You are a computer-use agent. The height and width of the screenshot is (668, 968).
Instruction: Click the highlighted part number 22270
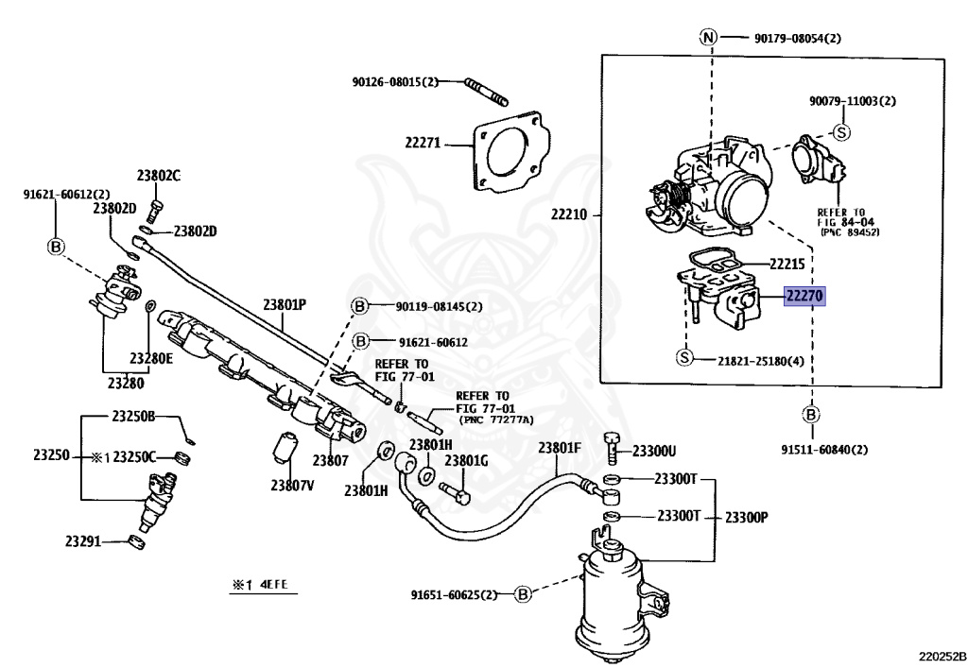click(x=804, y=296)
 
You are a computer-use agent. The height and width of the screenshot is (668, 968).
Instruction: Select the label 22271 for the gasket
click(x=423, y=144)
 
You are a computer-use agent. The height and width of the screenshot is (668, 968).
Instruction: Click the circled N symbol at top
click(x=708, y=38)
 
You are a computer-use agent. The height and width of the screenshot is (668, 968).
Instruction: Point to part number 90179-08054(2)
click(x=797, y=39)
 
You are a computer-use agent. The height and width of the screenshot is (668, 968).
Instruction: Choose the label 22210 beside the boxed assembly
click(x=568, y=214)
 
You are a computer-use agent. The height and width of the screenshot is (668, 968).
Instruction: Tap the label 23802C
click(x=158, y=175)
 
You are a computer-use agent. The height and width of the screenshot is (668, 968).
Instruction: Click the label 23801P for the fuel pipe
click(x=285, y=305)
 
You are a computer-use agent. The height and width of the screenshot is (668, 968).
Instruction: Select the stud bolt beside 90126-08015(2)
click(x=487, y=94)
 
